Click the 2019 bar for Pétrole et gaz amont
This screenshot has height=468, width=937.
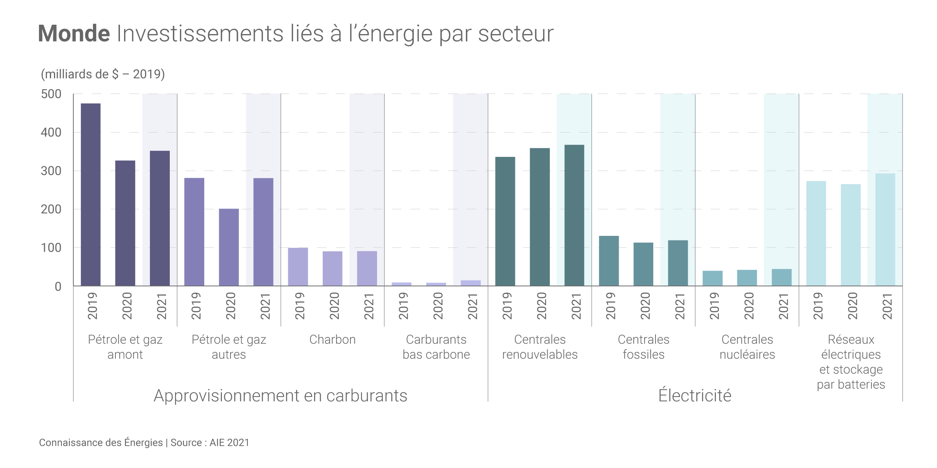[91, 195]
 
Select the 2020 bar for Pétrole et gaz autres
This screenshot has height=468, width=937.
[229, 247]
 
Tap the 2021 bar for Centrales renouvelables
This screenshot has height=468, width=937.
[574, 215]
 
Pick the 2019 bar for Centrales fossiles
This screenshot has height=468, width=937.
[609, 261]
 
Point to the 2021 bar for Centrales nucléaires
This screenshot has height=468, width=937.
[781, 277]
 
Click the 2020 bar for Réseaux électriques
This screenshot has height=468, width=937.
[850, 235]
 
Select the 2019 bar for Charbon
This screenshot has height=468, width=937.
[298, 267]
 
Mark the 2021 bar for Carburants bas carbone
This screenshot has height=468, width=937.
[471, 283]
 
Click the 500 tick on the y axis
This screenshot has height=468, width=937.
[51, 94]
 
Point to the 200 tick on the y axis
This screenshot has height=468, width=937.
[51, 209]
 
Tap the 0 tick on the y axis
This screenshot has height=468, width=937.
[58, 287]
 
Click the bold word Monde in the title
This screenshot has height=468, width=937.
[74, 34]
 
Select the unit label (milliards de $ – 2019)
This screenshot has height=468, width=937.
[103, 74]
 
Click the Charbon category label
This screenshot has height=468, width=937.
[332, 340]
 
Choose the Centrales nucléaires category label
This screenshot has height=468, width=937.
[747, 347]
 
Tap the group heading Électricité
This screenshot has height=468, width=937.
[695, 396]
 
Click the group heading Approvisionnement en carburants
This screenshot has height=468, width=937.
[280, 396]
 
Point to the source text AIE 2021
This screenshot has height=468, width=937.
[229, 443]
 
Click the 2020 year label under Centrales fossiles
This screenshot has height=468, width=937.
[645, 306]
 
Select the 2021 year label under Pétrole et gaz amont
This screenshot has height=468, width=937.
[161, 306]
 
